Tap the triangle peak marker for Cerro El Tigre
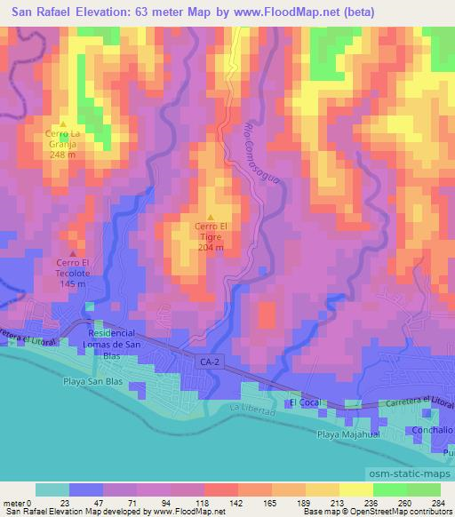(x=211, y=218)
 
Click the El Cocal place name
(x=304, y=402)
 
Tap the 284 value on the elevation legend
(x=436, y=501)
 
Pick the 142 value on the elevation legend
(x=235, y=501)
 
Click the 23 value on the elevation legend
(x=66, y=501)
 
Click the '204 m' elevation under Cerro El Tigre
(x=211, y=248)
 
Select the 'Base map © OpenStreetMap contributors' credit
(x=373, y=512)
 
